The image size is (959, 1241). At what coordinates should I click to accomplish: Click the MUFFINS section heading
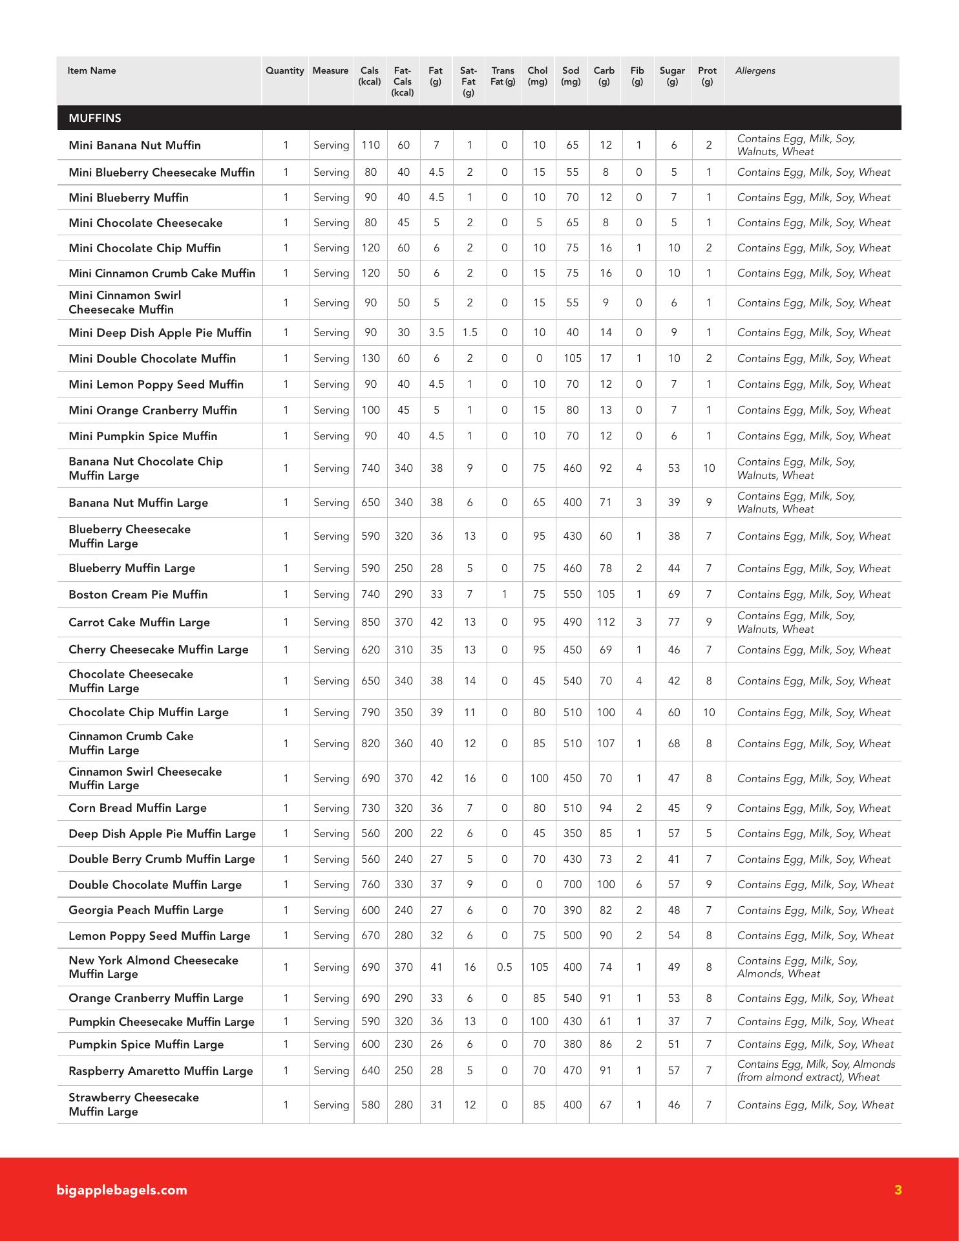(95, 118)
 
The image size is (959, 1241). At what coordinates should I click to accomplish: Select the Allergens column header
(755, 71)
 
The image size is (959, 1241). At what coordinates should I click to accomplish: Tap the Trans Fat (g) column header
(503, 76)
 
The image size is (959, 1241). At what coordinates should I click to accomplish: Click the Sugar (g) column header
(672, 76)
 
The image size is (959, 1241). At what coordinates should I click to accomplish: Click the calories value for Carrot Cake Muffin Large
(370, 622)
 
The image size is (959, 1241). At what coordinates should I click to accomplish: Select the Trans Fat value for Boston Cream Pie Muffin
(504, 595)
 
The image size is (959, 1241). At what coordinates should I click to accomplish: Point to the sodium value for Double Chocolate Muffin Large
(572, 885)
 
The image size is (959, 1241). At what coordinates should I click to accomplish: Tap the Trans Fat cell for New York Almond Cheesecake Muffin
(504, 968)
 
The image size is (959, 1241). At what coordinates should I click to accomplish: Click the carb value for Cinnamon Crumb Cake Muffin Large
(606, 744)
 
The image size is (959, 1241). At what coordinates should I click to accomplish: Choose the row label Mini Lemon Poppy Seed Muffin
(156, 385)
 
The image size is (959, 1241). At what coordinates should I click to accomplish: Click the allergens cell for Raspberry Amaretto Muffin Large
(816, 1071)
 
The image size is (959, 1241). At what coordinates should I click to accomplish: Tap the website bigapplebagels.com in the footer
(122, 1190)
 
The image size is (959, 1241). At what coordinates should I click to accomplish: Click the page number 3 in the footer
(898, 1190)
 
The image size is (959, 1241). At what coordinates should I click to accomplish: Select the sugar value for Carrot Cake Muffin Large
(673, 622)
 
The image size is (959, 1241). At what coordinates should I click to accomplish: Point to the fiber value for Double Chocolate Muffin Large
(638, 885)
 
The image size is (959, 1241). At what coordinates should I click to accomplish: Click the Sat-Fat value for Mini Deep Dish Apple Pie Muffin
(470, 333)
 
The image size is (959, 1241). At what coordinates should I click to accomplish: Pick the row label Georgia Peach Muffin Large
(146, 910)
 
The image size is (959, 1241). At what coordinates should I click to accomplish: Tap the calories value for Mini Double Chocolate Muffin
(370, 359)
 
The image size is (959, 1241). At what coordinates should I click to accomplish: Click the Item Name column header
(92, 71)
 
